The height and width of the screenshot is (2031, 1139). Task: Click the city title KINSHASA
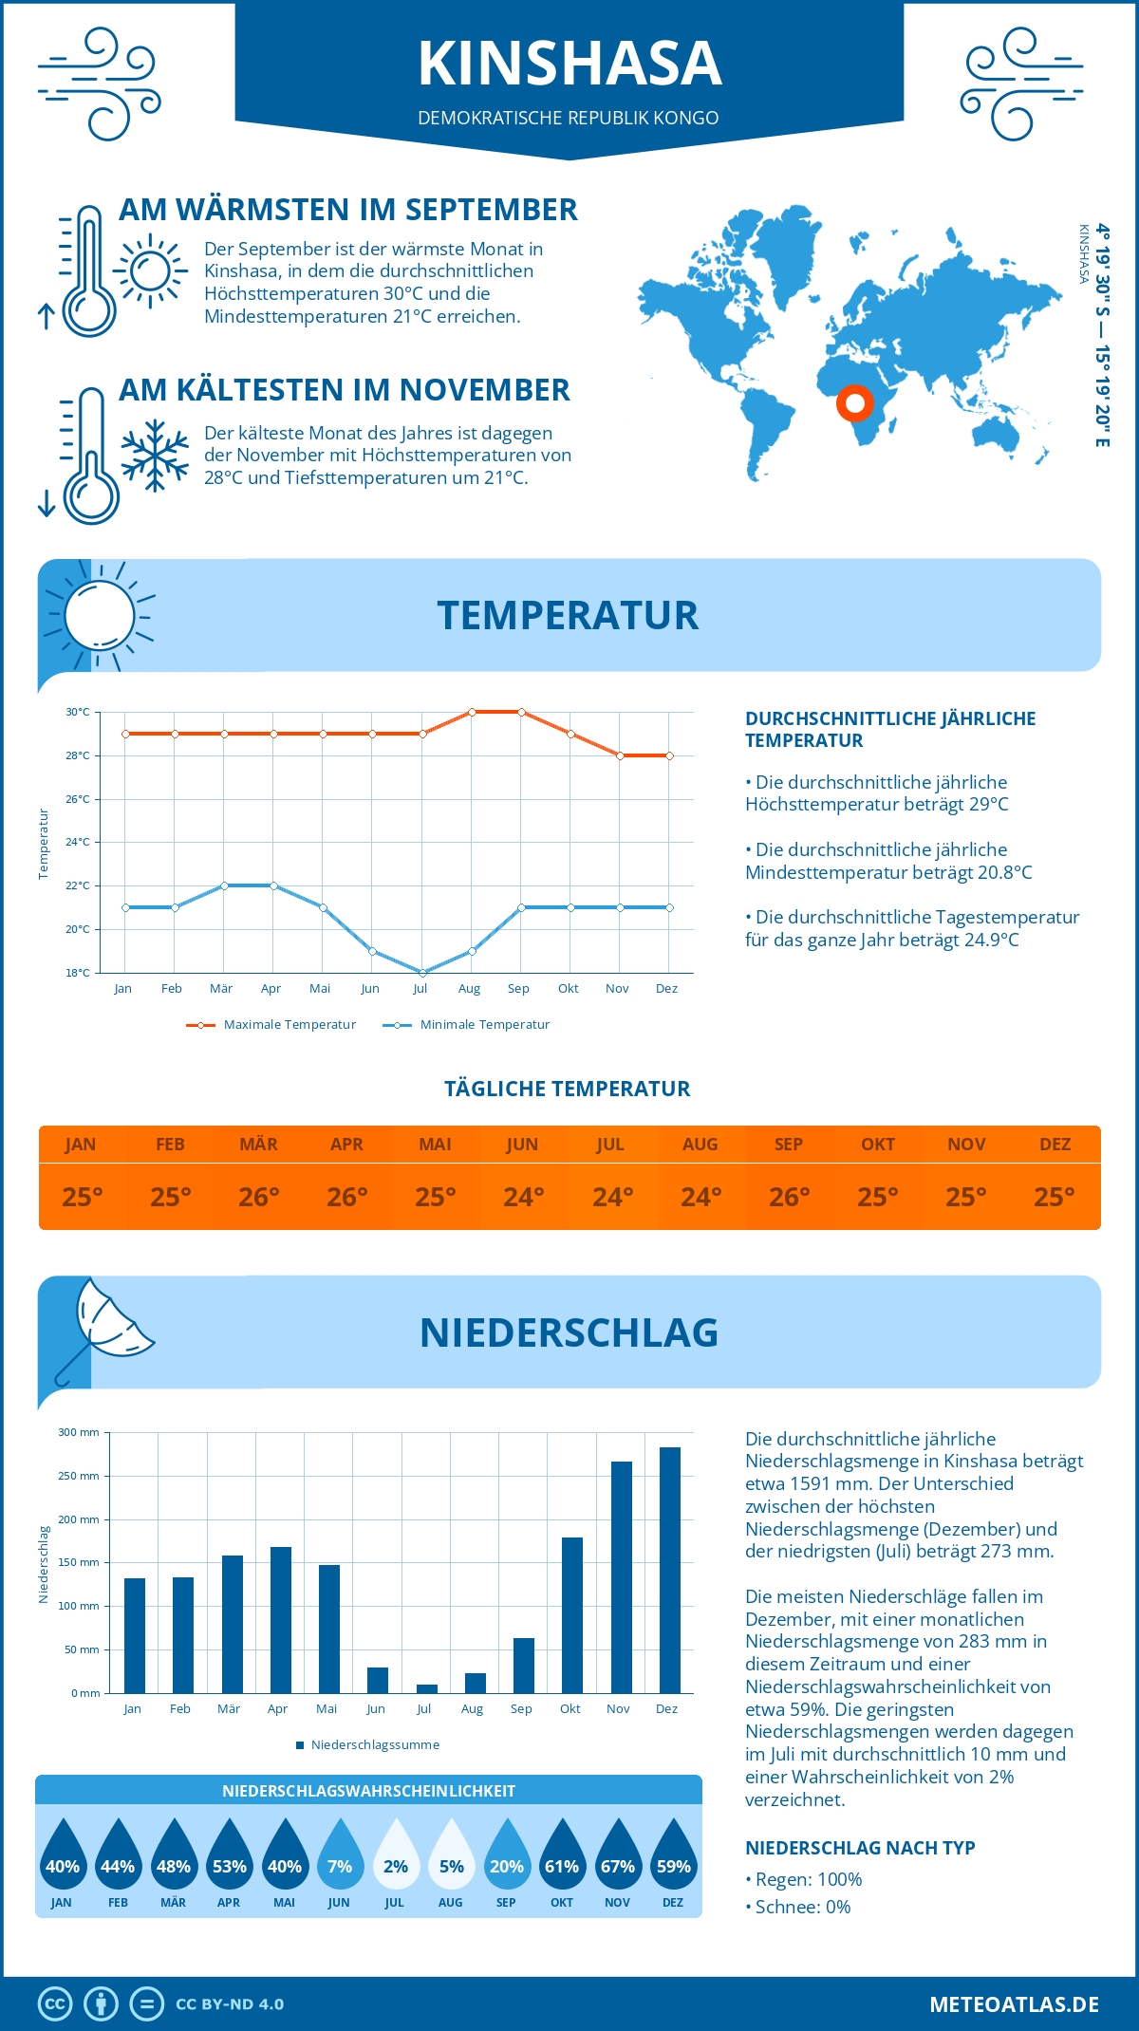click(569, 64)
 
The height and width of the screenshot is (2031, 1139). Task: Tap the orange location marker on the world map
click(854, 403)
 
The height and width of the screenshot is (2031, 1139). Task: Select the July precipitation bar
click(427, 1688)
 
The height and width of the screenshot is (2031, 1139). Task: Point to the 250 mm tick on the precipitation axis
click(80, 1476)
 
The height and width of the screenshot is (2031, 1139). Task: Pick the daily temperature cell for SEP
click(789, 1197)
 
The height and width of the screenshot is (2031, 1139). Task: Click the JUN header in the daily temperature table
click(522, 1144)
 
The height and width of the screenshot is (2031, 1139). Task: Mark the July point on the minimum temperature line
click(422, 973)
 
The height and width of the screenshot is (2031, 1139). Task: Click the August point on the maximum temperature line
click(472, 712)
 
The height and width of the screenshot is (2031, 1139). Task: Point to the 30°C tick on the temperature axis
click(78, 712)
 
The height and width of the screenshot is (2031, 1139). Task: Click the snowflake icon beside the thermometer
click(155, 455)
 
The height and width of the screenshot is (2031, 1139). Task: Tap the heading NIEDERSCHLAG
click(569, 1332)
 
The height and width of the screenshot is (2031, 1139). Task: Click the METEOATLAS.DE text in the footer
click(1014, 2003)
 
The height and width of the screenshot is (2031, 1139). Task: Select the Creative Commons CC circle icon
click(55, 2003)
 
